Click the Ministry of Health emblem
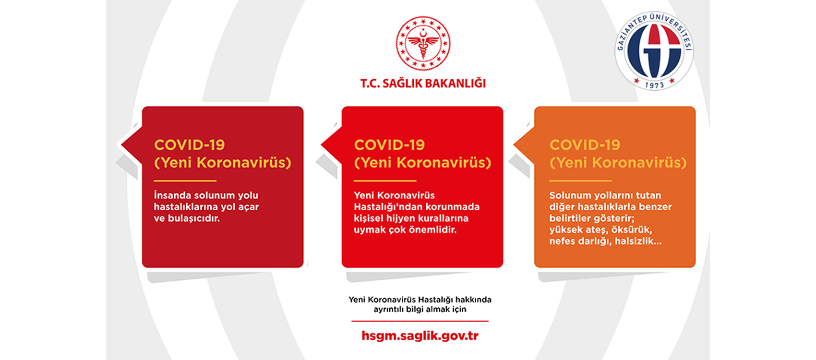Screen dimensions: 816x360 (x=423, y=43)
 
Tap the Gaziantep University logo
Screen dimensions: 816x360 (x=654, y=51)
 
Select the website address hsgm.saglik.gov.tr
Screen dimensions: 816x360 (x=420, y=336)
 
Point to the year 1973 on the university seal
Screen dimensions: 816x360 (x=655, y=85)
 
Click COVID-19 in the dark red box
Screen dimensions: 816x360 (x=190, y=145)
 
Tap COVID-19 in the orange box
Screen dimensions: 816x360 (x=585, y=145)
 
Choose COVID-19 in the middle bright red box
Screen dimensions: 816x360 (x=389, y=145)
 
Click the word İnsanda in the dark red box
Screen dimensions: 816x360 (x=172, y=195)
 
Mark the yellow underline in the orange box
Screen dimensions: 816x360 (x=580, y=180)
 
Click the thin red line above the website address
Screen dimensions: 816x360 (x=420, y=321)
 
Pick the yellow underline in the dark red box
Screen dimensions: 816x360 (x=185, y=180)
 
